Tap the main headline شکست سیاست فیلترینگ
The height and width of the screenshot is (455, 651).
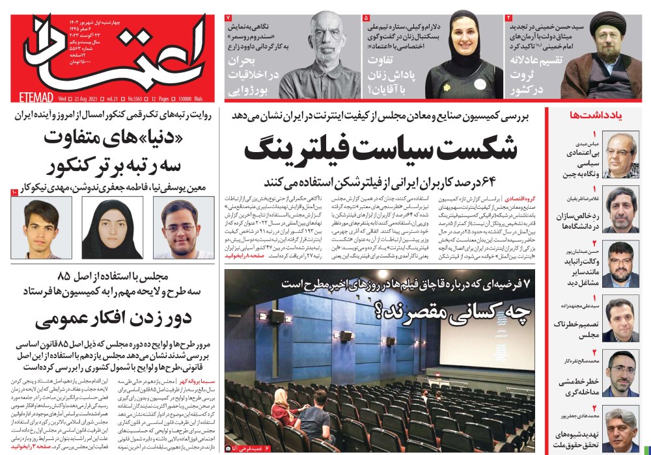(380, 149)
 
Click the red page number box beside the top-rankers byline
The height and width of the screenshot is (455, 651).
(15, 192)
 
